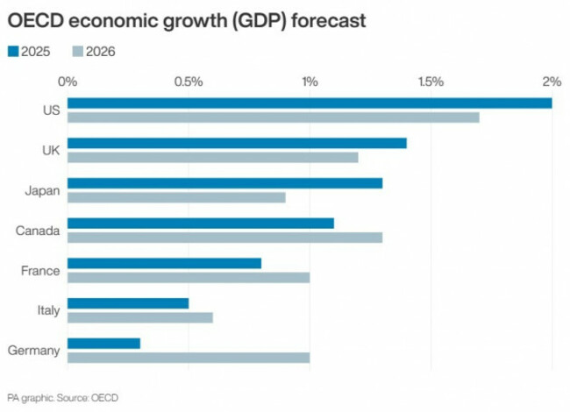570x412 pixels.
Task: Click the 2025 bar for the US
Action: [x=310, y=103]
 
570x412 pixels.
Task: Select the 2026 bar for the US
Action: [x=273, y=117]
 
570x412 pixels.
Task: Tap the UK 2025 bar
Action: [x=237, y=143]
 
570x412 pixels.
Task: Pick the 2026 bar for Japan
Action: [x=176, y=197]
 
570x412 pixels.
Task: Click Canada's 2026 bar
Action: [x=224, y=237]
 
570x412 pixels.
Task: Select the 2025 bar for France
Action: [x=164, y=263]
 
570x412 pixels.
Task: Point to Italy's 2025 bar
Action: [x=128, y=303]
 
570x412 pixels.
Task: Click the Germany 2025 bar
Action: [x=103, y=343]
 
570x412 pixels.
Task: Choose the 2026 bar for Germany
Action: [x=189, y=357]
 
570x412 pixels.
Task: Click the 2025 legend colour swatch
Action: [x=13, y=51]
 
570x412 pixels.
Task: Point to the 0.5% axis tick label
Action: [x=189, y=82]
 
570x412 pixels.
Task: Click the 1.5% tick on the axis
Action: [x=430, y=82]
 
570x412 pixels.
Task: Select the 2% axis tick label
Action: [x=551, y=82]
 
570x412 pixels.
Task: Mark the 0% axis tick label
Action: [x=68, y=82]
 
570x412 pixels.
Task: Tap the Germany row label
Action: [x=33, y=350]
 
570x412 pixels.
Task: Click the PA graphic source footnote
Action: [x=62, y=398]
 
